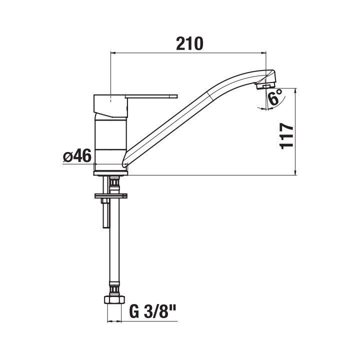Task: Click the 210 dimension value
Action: (x=189, y=43)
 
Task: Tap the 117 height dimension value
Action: (x=286, y=135)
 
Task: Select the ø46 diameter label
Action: (x=77, y=155)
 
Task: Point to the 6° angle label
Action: (x=275, y=97)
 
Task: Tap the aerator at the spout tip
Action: (x=265, y=86)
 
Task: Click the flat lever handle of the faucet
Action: (x=152, y=96)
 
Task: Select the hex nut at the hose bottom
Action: (x=114, y=299)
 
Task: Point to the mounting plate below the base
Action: (x=110, y=195)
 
